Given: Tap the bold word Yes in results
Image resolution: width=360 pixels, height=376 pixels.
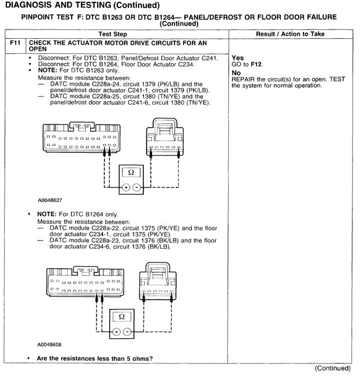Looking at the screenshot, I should [237, 58].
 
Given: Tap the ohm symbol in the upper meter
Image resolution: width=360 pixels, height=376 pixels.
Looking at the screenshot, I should [130, 172].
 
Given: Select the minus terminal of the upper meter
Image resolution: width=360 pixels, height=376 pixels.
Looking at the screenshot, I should [136, 187].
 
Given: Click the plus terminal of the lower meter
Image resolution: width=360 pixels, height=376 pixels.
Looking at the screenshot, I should [116, 331].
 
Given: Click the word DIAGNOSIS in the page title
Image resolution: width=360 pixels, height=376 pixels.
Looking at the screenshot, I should [32, 5].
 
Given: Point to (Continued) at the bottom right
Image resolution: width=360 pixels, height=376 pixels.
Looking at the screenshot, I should [332, 368].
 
